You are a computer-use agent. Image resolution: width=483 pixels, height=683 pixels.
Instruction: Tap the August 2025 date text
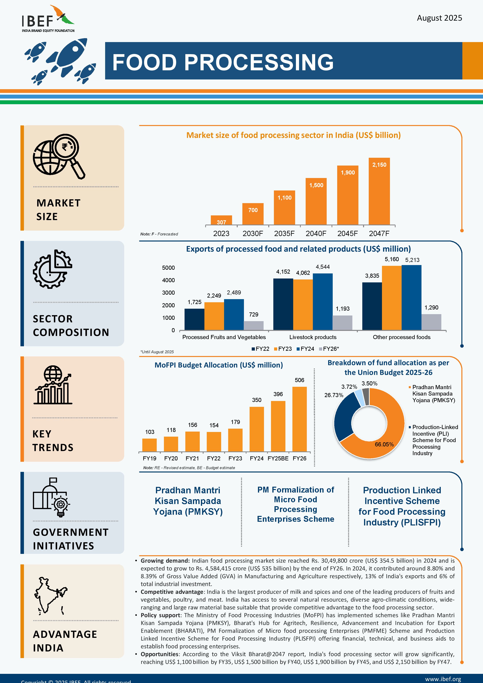(439, 18)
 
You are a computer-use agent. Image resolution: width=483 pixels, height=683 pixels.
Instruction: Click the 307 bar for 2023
(221, 220)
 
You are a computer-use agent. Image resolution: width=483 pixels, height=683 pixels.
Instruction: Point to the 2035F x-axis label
(284, 234)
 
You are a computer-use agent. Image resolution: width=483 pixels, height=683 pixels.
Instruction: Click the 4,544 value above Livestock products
(323, 267)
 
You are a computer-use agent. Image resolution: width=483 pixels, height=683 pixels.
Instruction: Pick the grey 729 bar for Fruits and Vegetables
(254, 325)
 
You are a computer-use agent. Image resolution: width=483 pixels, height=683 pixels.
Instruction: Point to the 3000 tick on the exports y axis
(168, 293)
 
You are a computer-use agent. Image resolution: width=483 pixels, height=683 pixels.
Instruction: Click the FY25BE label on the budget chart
(278, 458)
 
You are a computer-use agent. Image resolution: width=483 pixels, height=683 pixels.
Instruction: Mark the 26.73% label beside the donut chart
(334, 395)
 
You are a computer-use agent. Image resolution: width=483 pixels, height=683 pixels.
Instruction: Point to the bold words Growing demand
(165, 561)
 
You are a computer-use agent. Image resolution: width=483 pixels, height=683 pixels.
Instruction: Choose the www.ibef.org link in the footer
(443, 679)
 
